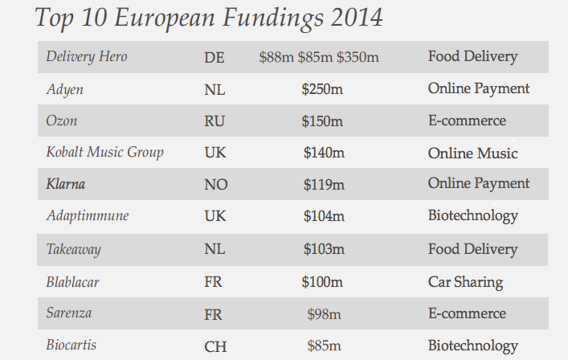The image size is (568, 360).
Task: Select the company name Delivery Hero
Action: pos(87,57)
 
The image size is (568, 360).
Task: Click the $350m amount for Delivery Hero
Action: pos(358,58)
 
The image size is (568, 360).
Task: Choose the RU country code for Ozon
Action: pos(215,121)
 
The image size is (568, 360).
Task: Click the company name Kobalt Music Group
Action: pos(104,153)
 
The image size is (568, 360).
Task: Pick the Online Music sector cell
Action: pos(472,153)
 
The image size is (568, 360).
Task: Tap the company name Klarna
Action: pos(66,185)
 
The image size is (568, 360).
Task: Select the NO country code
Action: pos(216,185)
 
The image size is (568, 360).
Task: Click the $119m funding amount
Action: pos(324,185)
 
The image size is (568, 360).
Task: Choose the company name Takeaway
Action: pos(74,250)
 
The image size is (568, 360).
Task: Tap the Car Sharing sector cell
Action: pos(465,282)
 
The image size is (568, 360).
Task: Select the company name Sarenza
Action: pos(69,314)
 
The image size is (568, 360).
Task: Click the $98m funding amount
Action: pos(325,314)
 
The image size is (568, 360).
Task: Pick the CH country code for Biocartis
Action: pos(215,346)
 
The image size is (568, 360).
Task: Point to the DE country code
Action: pos(215,58)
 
